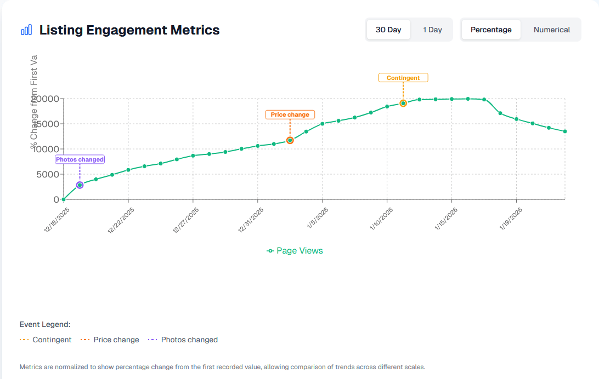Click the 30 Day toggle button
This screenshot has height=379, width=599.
(388, 30)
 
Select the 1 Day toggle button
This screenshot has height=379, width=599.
(432, 30)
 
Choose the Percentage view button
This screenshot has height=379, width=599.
(491, 30)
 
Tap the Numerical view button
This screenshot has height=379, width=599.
(552, 30)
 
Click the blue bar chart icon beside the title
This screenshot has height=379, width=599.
(26, 30)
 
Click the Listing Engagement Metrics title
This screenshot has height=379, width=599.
(129, 30)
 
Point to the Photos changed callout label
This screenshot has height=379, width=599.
(80, 159)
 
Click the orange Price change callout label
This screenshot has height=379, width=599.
(290, 114)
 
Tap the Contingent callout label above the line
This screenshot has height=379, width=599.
(403, 78)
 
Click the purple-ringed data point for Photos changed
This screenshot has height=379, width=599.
(80, 185)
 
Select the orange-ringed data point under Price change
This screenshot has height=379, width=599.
(290, 140)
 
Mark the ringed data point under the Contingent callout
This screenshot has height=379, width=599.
(403, 103)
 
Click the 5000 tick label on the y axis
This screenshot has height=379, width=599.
(47, 174)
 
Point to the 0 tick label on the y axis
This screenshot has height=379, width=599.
(56, 199)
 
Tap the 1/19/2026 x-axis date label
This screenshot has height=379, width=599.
(511, 219)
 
